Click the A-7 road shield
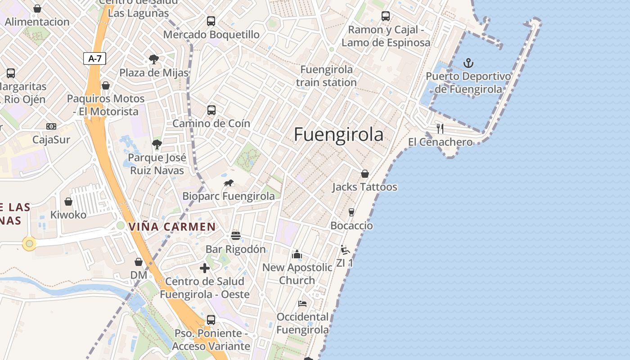click(x=94, y=58)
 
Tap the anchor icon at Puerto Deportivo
click(x=468, y=63)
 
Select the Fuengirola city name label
click(x=338, y=135)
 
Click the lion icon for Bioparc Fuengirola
click(x=229, y=183)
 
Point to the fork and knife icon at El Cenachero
click(x=440, y=129)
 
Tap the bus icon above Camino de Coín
click(x=211, y=110)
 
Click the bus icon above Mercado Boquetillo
click(x=211, y=21)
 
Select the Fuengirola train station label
click(x=326, y=76)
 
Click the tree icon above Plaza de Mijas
click(x=154, y=59)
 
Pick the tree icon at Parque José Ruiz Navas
click(x=157, y=144)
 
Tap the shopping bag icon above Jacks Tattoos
click(x=365, y=174)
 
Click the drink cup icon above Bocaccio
click(x=351, y=212)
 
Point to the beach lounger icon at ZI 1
click(x=345, y=250)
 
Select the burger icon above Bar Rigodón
click(x=236, y=236)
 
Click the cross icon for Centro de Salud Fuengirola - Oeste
click(x=205, y=268)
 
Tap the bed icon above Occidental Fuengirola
click(x=302, y=304)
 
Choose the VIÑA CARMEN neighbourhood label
click(x=172, y=227)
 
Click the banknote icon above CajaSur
click(x=51, y=126)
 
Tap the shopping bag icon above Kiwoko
click(x=68, y=202)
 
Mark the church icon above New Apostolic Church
click(x=297, y=255)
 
